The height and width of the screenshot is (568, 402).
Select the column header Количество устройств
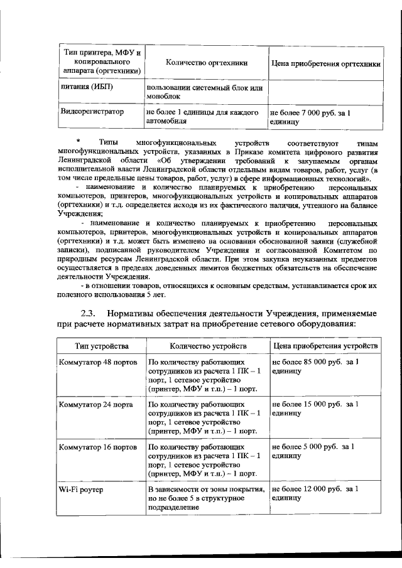click(x=207, y=346)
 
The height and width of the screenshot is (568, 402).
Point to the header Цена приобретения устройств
click(x=325, y=346)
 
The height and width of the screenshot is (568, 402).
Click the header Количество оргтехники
click(x=207, y=63)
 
